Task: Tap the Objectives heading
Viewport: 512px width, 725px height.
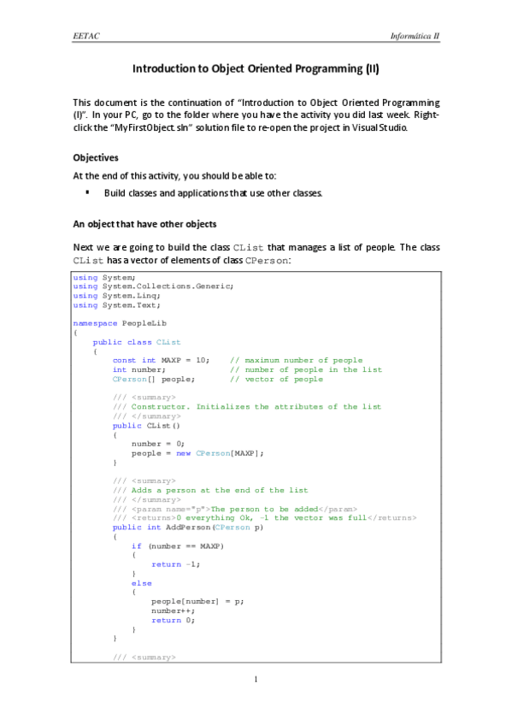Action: coord(96,158)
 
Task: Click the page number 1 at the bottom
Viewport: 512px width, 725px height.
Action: coord(256,680)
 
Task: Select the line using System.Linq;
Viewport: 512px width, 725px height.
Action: coord(106,295)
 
